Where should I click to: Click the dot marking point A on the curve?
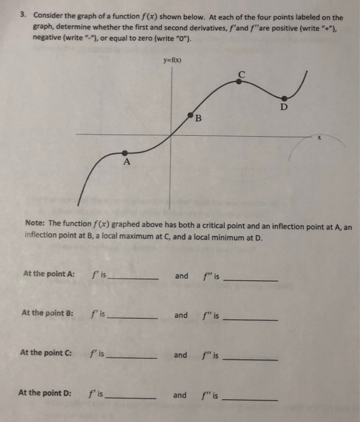click(x=124, y=153)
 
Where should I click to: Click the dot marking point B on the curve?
click(x=190, y=114)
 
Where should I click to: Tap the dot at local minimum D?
click(x=286, y=98)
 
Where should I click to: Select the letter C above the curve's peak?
click(x=242, y=74)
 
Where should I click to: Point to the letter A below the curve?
click(x=126, y=163)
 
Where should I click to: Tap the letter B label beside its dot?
click(x=198, y=118)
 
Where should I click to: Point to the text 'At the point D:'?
click(x=45, y=393)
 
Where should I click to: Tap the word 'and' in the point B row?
click(x=181, y=315)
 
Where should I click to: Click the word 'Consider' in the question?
click(x=49, y=17)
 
